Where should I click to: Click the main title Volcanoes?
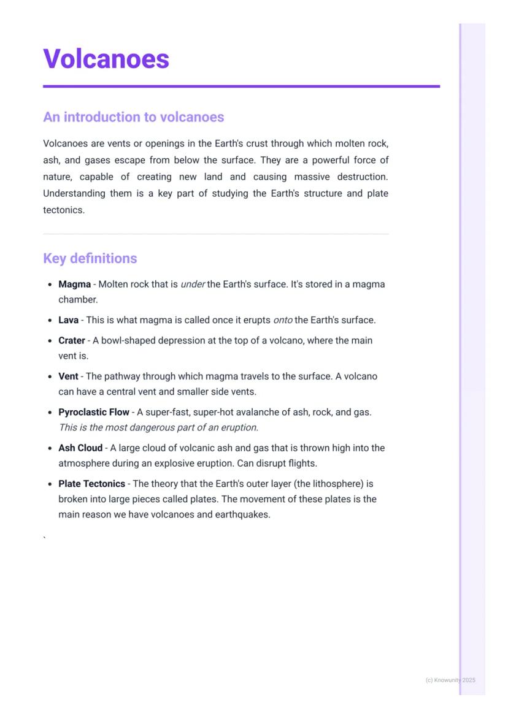[x=106, y=59]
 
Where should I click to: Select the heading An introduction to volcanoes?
[x=133, y=117]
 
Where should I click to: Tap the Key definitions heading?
[x=90, y=258]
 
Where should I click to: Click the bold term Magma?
[x=74, y=285]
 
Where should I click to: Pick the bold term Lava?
[x=68, y=320]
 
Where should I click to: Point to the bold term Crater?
[x=71, y=340]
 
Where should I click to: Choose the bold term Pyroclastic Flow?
[x=93, y=412]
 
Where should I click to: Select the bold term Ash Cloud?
[x=80, y=448]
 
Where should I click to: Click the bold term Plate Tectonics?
[x=91, y=484]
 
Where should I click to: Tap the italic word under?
[x=193, y=285]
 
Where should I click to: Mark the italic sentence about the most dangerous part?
[x=158, y=427]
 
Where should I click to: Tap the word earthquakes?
[x=242, y=514]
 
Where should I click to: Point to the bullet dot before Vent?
[x=49, y=376]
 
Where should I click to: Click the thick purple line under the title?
[x=241, y=86]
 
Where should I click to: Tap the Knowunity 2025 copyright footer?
[x=450, y=680]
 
